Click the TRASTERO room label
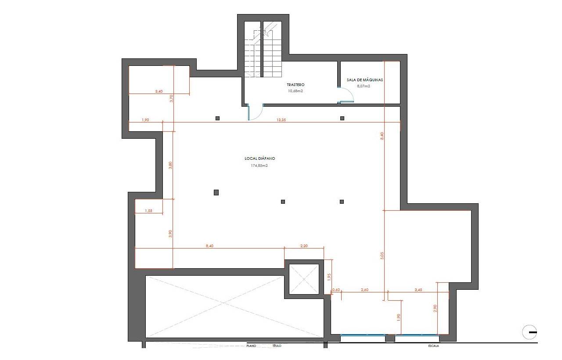[295, 85]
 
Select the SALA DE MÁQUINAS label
[365, 80]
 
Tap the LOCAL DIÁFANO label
[259, 158]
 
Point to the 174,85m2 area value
[259, 166]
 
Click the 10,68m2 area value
[295, 91]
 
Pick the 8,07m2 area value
[364, 86]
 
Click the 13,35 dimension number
[281, 120]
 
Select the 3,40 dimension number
[159, 91]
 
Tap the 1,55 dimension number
[148, 211]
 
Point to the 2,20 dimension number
[304, 246]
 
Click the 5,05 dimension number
[382, 256]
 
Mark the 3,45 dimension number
[418, 290]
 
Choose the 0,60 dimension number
[336, 290]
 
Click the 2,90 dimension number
[435, 308]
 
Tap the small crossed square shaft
[304, 279]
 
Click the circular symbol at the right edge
[530, 332]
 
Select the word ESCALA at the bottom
[433, 346]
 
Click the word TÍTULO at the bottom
[277, 346]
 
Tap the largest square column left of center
[216, 192]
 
